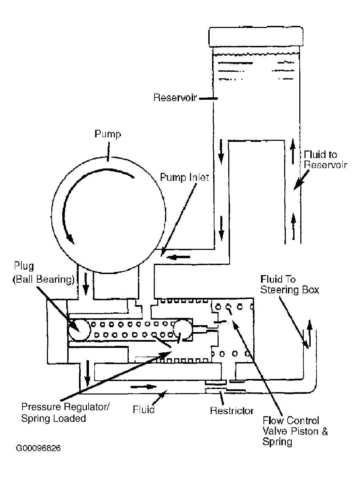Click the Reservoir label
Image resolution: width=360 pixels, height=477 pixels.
click(x=175, y=98)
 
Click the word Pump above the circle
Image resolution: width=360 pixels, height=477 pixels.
click(x=108, y=134)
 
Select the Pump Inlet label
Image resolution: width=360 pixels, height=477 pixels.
click(x=184, y=177)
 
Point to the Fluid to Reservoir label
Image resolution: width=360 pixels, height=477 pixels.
click(x=325, y=160)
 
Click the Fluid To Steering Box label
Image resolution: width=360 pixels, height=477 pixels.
click(x=290, y=284)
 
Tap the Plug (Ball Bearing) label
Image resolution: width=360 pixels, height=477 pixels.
click(x=43, y=273)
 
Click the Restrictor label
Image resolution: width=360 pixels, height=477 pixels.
click(x=231, y=411)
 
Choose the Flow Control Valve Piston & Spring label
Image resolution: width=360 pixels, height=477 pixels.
click(x=295, y=431)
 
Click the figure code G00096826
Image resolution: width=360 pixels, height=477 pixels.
click(x=38, y=448)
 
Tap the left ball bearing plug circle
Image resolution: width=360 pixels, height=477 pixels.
click(x=79, y=330)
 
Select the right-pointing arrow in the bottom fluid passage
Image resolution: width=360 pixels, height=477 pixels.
click(x=143, y=387)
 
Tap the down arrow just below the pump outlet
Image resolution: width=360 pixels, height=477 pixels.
click(x=86, y=284)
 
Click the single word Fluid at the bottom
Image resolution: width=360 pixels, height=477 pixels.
click(x=143, y=410)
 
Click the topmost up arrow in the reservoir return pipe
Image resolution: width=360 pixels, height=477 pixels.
click(x=293, y=151)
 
